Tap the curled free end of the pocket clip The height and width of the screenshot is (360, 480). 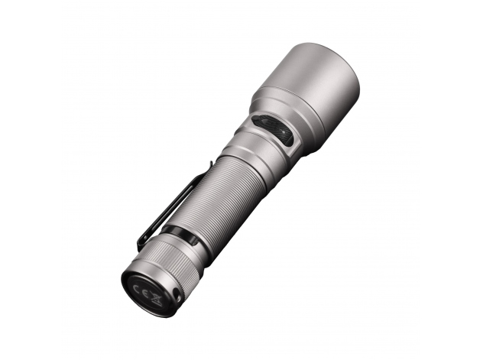tap(142, 242)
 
